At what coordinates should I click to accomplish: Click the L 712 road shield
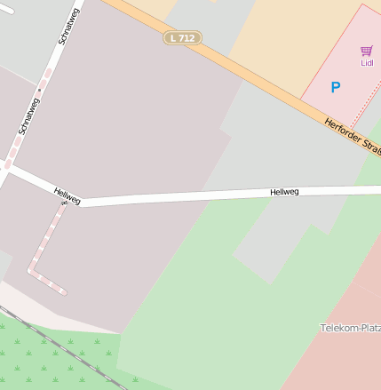tap(182, 38)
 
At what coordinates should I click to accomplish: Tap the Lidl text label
tap(367, 63)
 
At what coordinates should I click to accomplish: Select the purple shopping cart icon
tap(367, 51)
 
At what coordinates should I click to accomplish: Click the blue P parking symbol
tap(335, 87)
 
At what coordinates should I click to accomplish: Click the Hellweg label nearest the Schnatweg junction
tap(67, 195)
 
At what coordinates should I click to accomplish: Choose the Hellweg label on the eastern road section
tap(284, 192)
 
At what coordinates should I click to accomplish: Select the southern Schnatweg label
tap(28, 115)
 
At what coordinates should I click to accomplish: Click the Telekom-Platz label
tap(350, 328)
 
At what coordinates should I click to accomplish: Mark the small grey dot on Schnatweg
tap(39, 88)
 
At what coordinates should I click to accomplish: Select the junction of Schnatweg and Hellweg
tap(7, 169)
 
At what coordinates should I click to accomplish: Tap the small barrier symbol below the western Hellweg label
tap(64, 205)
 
